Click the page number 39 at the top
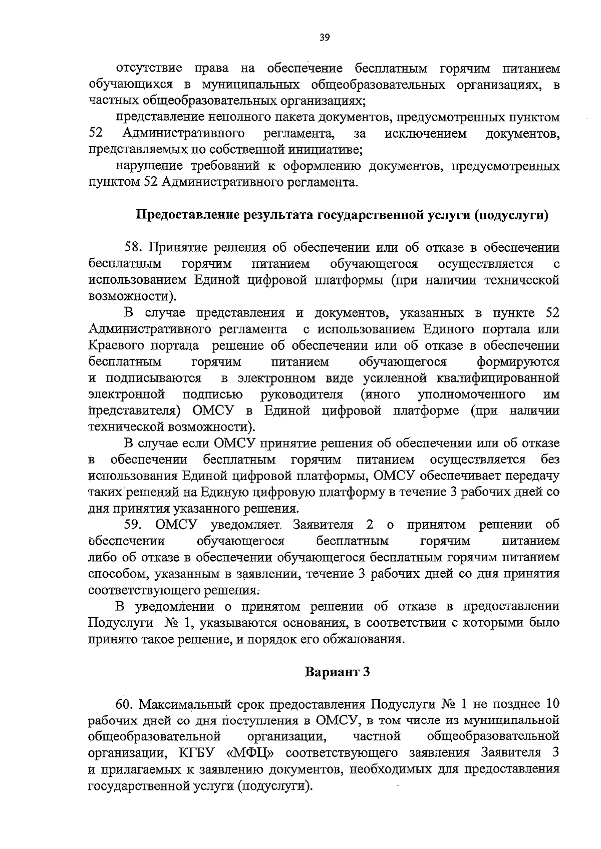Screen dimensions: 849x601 coord(324,38)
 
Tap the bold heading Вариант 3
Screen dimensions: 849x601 coord(338,671)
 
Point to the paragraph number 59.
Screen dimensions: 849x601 coord(134,525)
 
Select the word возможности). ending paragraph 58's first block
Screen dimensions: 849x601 coord(132,296)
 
